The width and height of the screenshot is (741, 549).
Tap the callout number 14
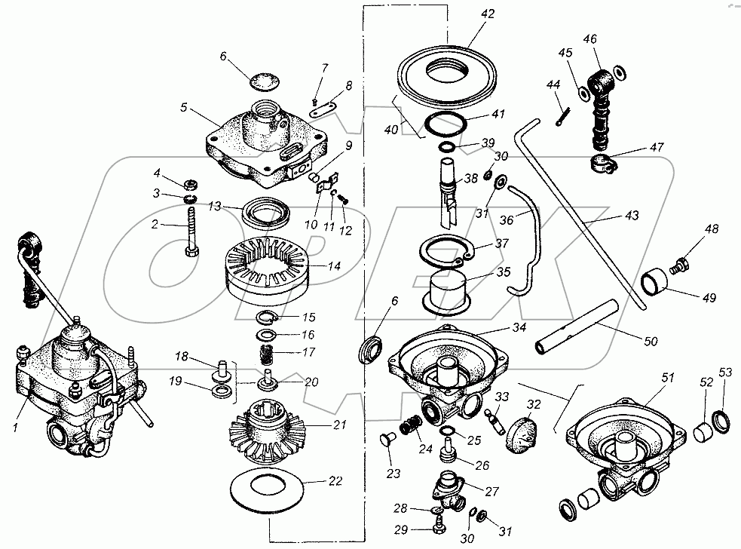click(x=334, y=266)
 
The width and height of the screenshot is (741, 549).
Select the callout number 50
click(x=651, y=342)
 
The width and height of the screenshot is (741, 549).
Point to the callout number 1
click(x=15, y=428)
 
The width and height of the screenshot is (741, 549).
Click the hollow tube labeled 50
click(x=576, y=326)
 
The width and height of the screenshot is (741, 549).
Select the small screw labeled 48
click(x=678, y=265)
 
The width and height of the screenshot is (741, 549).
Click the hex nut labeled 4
click(x=191, y=182)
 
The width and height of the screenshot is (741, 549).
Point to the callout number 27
click(x=492, y=492)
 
